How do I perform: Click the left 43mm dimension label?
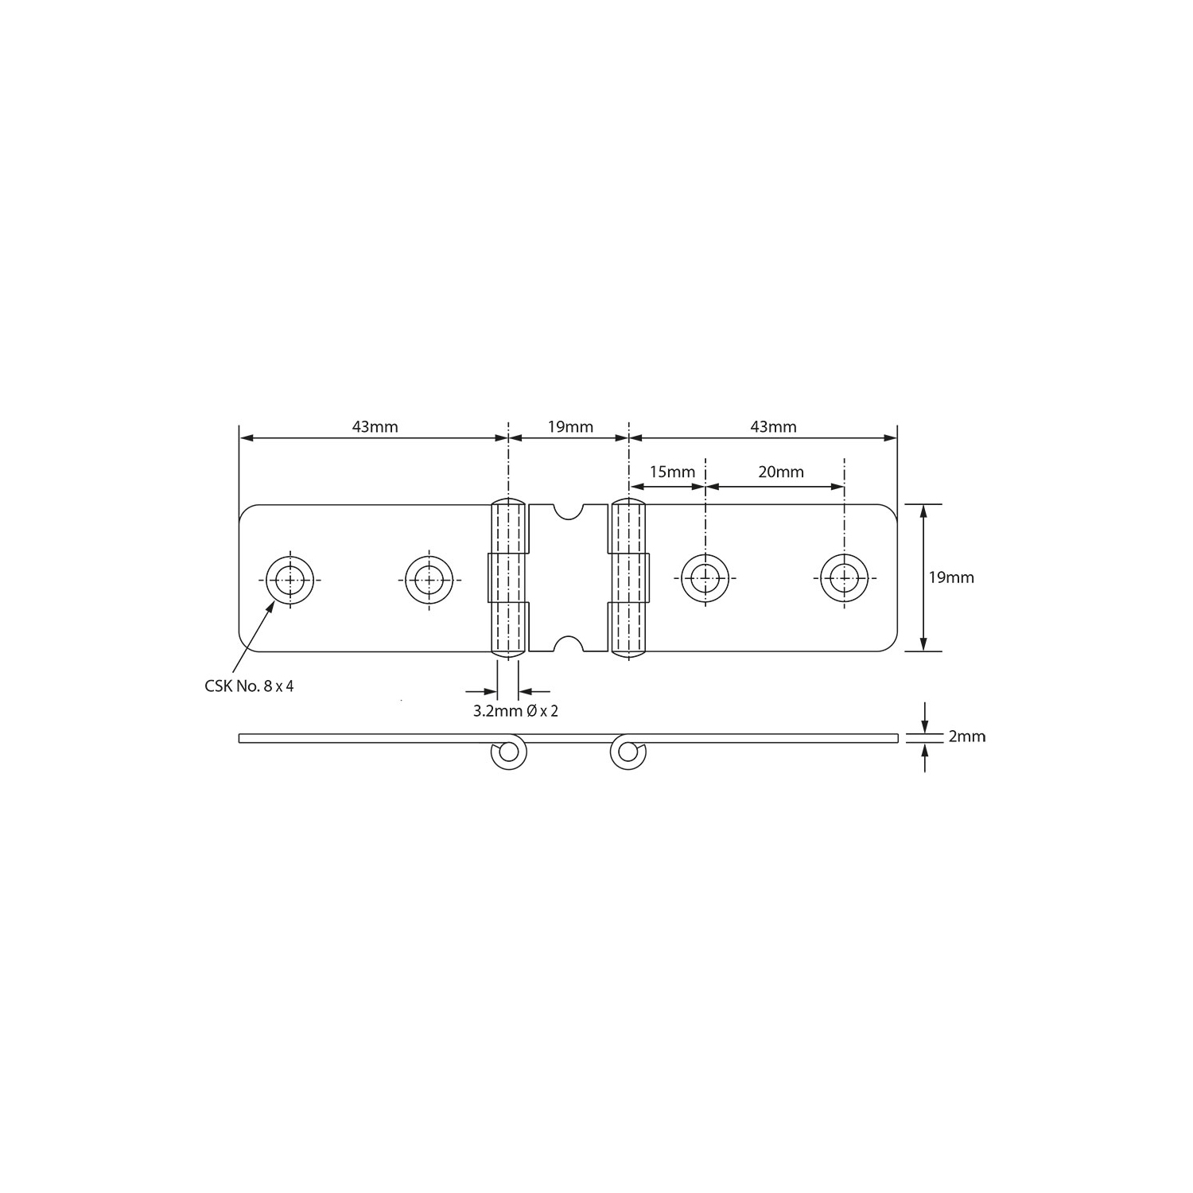[375, 426]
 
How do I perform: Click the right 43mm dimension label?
[773, 426]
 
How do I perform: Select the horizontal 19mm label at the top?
[570, 426]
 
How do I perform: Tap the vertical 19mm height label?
[951, 577]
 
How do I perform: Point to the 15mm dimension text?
[672, 472]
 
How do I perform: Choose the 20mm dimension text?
[781, 472]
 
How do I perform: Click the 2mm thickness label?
[967, 736]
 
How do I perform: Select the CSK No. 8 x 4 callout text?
[249, 686]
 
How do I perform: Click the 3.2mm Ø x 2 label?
[515, 711]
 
